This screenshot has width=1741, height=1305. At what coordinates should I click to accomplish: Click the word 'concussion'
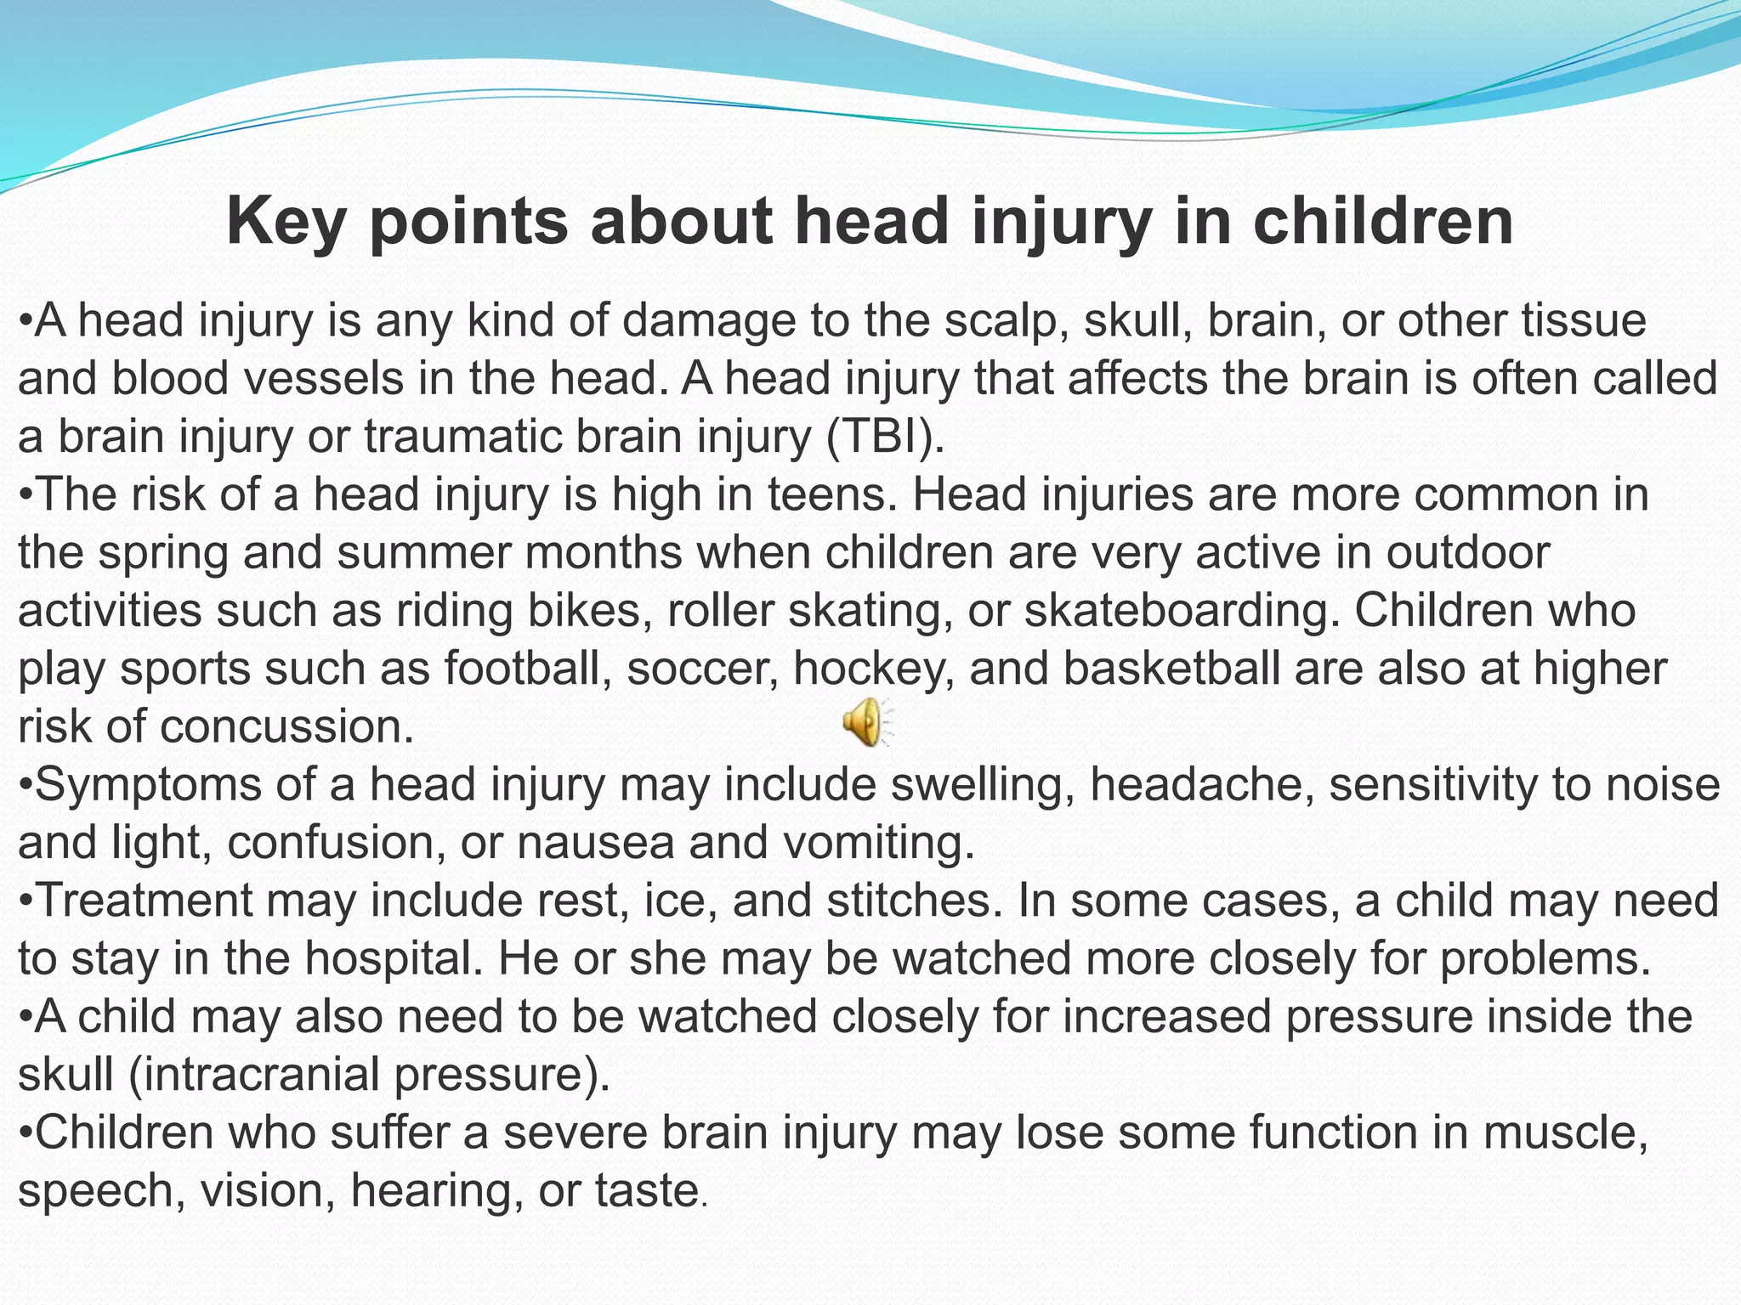(286, 727)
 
